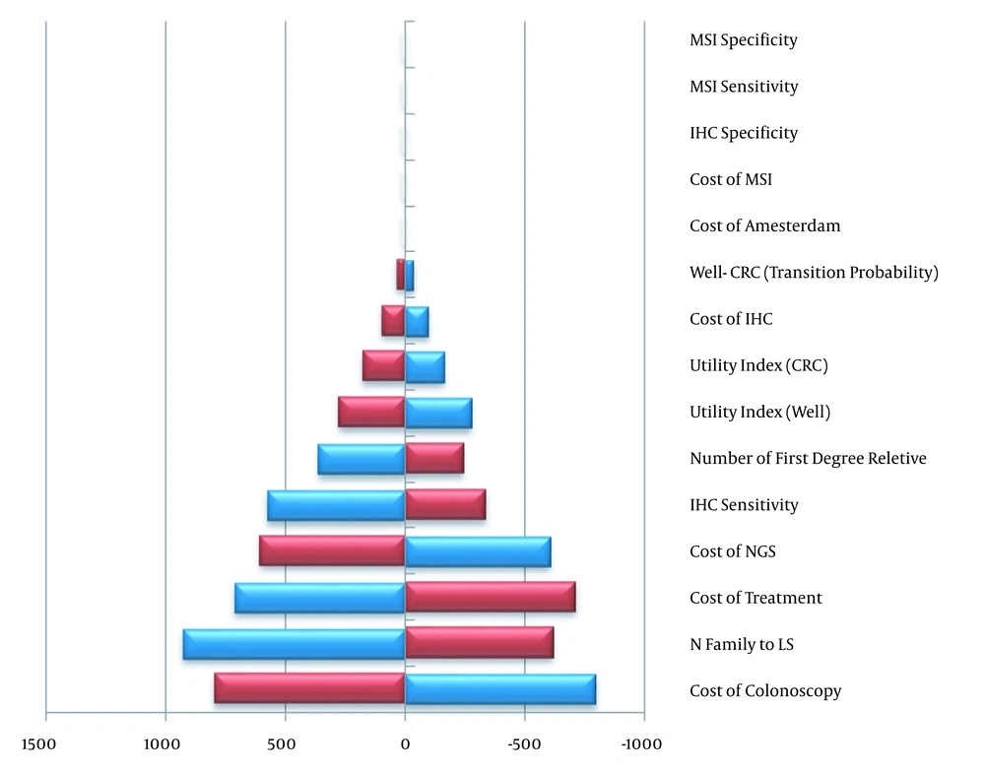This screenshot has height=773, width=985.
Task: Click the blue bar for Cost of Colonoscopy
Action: pos(500,689)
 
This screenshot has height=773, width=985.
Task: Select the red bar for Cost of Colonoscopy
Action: pos(309,687)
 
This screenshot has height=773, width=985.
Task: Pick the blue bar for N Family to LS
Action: pos(294,644)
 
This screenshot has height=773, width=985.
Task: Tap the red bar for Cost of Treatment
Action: pos(491,597)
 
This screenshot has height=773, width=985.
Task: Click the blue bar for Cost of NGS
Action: pos(478,552)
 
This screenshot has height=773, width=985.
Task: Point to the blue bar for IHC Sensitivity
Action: pos(336,505)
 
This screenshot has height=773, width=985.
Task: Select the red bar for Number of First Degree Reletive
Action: pos(434,458)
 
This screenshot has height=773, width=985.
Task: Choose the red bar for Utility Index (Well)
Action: pos(371,412)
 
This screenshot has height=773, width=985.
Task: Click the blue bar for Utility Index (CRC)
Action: pos(426,367)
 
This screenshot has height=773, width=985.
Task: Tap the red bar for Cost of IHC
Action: pos(393,320)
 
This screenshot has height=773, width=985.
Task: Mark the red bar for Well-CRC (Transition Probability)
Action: pos(400,275)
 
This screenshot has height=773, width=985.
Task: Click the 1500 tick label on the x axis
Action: pos(38,744)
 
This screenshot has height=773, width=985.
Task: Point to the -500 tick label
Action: pos(525,744)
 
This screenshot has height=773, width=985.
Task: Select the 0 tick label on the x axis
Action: pos(405,744)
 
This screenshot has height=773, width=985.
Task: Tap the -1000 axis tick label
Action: pos(641,744)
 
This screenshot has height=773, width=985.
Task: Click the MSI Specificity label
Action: pos(744,40)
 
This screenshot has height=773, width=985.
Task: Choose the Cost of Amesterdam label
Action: pos(765,225)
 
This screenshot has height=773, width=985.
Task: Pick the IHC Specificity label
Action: pos(744,133)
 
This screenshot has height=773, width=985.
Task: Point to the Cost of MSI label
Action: pos(731,179)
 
